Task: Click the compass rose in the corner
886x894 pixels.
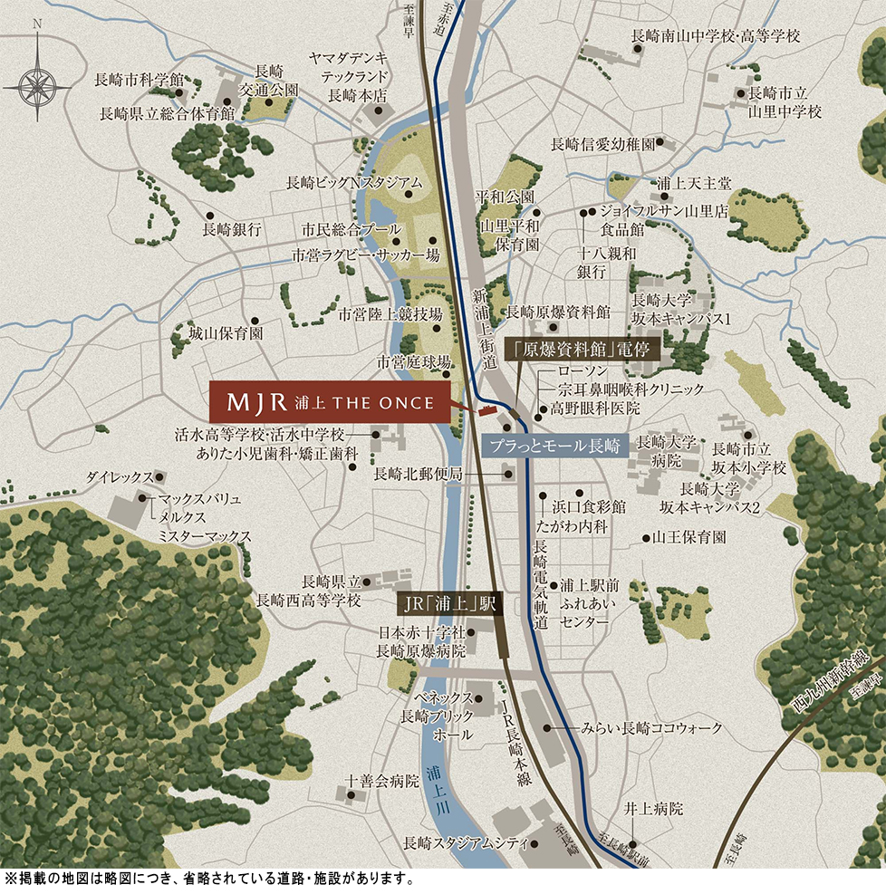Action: point(37,85)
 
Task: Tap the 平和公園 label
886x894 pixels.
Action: point(506,197)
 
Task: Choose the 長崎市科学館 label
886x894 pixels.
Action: point(139,80)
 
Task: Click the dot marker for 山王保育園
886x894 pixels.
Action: point(643,537)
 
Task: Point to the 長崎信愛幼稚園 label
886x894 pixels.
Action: point(602,143)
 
